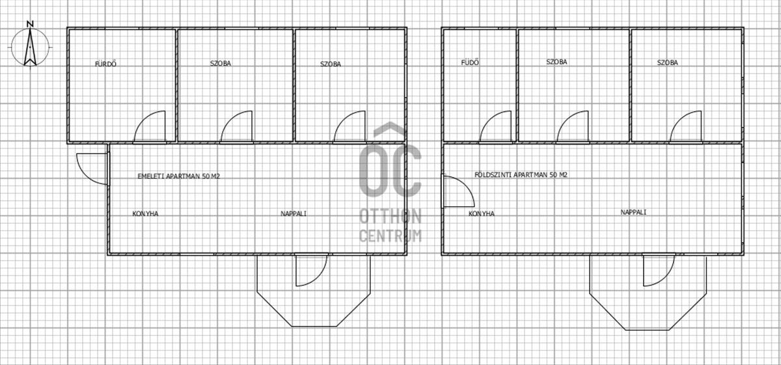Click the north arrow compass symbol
point(30,47)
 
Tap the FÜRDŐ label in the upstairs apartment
point(105,64)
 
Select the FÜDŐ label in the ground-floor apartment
point(470,62)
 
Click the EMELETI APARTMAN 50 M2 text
point(179,176)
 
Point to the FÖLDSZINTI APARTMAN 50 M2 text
point(521,174)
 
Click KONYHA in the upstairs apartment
point(145,213)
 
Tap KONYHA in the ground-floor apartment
point(482,213)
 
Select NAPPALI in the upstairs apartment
point(294,213)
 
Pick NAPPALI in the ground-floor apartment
point(633,212)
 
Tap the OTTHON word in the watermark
point(390,217)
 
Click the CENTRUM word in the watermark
point(390,236)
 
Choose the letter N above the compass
point(30,24)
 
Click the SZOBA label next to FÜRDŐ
point(221,64)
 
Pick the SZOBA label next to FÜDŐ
point(557,62)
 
